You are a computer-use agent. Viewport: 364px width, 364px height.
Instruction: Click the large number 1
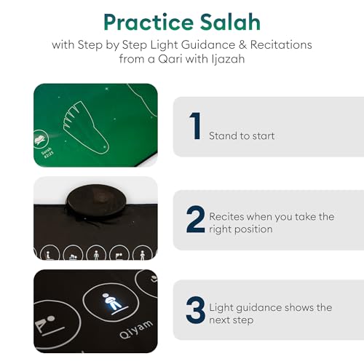[194, 126]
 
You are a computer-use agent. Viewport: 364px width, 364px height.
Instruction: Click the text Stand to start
[242, 135]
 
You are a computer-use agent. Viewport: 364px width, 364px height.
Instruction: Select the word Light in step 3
[222, 307]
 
